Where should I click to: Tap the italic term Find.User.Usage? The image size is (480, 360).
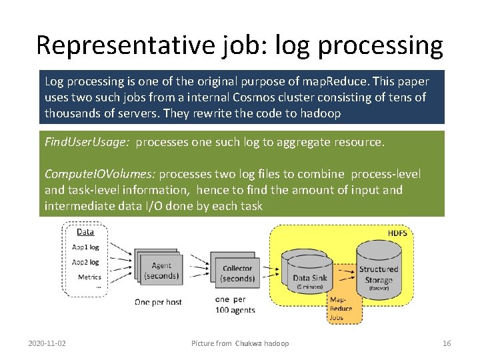tap(87, 142)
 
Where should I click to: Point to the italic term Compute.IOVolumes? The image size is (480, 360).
tap(100, 174)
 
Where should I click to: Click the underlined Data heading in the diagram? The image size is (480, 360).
tap(85, 232)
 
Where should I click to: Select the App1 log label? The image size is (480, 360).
tap(85, 247)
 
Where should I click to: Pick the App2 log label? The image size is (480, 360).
tap(85, 262)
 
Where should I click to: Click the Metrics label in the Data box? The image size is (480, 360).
tap(89, 277)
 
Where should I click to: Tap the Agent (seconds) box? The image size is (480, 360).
tap(161, 270)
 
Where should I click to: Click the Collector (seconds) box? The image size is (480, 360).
tap(237, 273)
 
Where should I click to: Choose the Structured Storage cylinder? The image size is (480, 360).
tap(378, 270)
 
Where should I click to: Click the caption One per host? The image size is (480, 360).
tap(158, 302)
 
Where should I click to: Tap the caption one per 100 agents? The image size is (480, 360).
tap(235, 305)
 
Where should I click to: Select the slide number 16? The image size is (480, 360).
tap(447, 343)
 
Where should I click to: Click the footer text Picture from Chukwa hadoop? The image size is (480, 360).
tap(240, 343)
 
